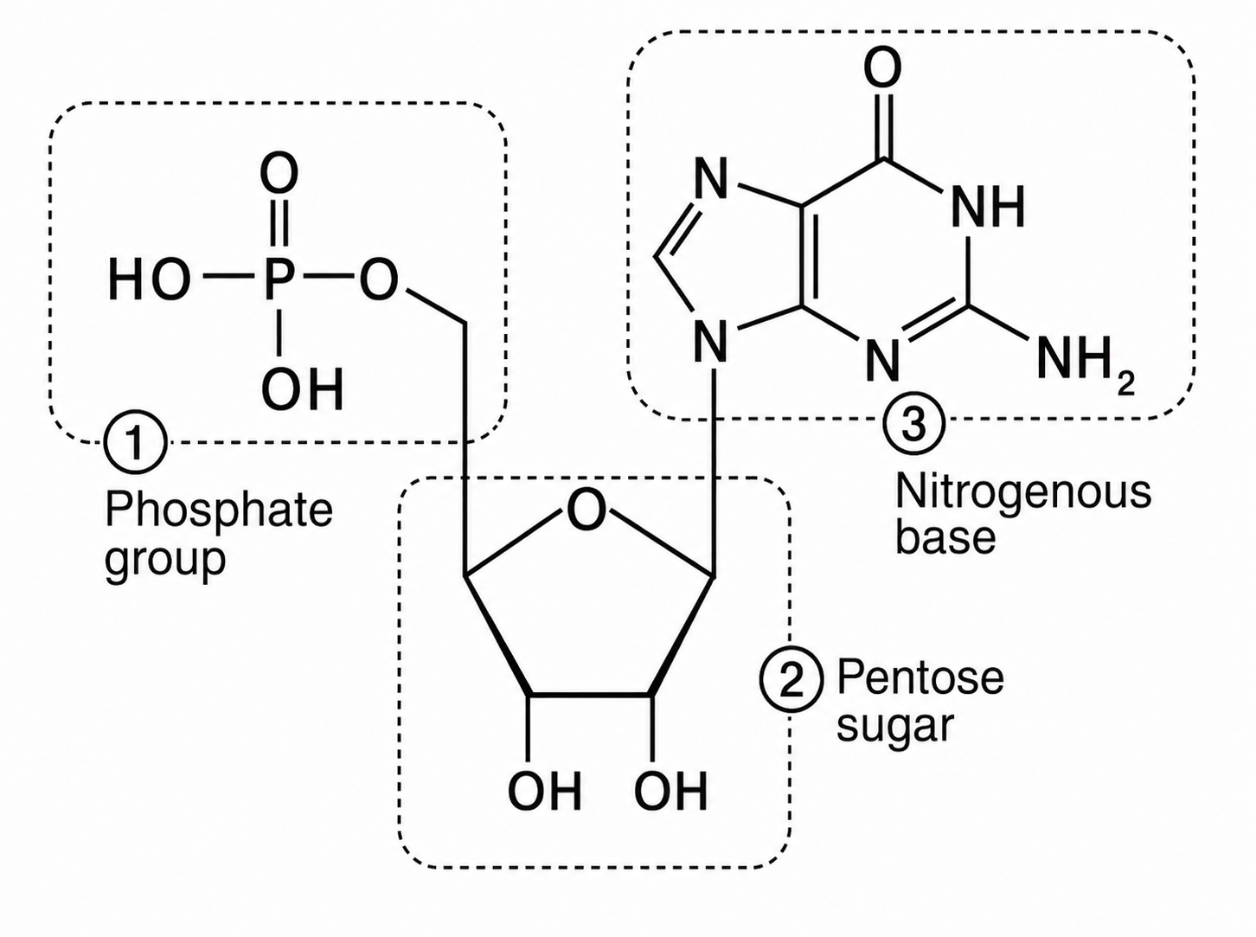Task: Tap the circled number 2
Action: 791,680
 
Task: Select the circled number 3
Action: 913,424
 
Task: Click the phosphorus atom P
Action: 278,279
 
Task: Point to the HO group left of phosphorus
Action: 149,279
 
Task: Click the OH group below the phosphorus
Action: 303,388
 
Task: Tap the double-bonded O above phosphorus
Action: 279,172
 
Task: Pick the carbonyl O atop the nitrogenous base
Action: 882,67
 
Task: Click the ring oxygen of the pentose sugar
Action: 586,510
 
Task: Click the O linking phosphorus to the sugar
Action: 379,279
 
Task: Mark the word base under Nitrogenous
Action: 945,537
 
